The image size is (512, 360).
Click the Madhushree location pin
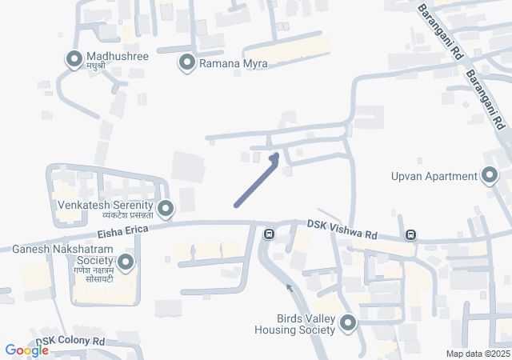point(74,58)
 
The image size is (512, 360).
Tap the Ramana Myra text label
point(233,63)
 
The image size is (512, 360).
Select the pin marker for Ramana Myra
point(188,62)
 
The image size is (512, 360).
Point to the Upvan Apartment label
point(433,177)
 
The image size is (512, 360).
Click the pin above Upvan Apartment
point(489,175)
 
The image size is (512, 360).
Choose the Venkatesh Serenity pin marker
point(166,209)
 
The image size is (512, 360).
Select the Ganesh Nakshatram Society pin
point(126,262)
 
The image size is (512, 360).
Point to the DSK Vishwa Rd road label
point(342,231)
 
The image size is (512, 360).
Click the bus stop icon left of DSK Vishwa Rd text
point(270,234)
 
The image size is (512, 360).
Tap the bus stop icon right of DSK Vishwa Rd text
point(410,234)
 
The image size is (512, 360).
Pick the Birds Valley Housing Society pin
point(348,322)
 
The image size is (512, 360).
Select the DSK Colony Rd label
point(70,342)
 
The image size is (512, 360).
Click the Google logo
point(26,350)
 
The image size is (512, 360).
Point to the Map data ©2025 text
point(478,354)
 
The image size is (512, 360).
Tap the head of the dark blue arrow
point(275,157)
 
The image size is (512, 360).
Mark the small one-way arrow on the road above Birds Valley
point(290,286)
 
